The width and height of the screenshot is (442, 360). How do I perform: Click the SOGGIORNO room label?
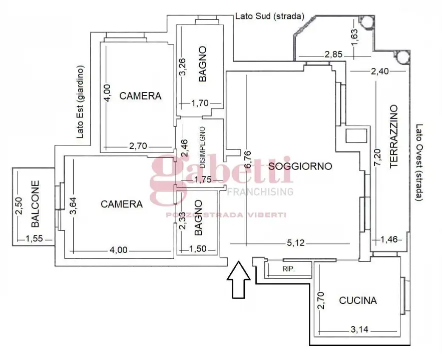click(x=300, y=166)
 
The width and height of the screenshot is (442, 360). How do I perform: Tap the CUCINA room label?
click(x=358, y=300)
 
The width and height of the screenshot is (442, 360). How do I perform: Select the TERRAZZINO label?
click(x=393, y=135)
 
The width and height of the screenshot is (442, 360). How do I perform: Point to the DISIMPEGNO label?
click(x=202, y=148)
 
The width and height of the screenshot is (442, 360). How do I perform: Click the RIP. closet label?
click(x=288, y=269)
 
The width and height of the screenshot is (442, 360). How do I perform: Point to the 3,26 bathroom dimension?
click(x=184, y=67)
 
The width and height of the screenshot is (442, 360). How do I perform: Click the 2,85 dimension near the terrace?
click(x=334, y=54)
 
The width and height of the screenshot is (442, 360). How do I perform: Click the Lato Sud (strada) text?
click(x=269, y=16)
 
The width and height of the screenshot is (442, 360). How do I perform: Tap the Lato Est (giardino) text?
click(x=80, y=102)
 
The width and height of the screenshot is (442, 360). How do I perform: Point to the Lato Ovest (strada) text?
click(x=418, y=162)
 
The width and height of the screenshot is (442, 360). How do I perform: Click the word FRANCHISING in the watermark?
click(x=260, y=191)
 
